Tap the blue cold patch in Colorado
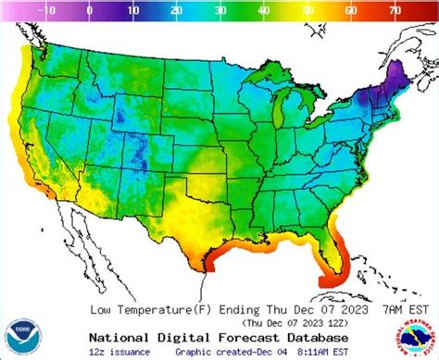pos(139,148)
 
